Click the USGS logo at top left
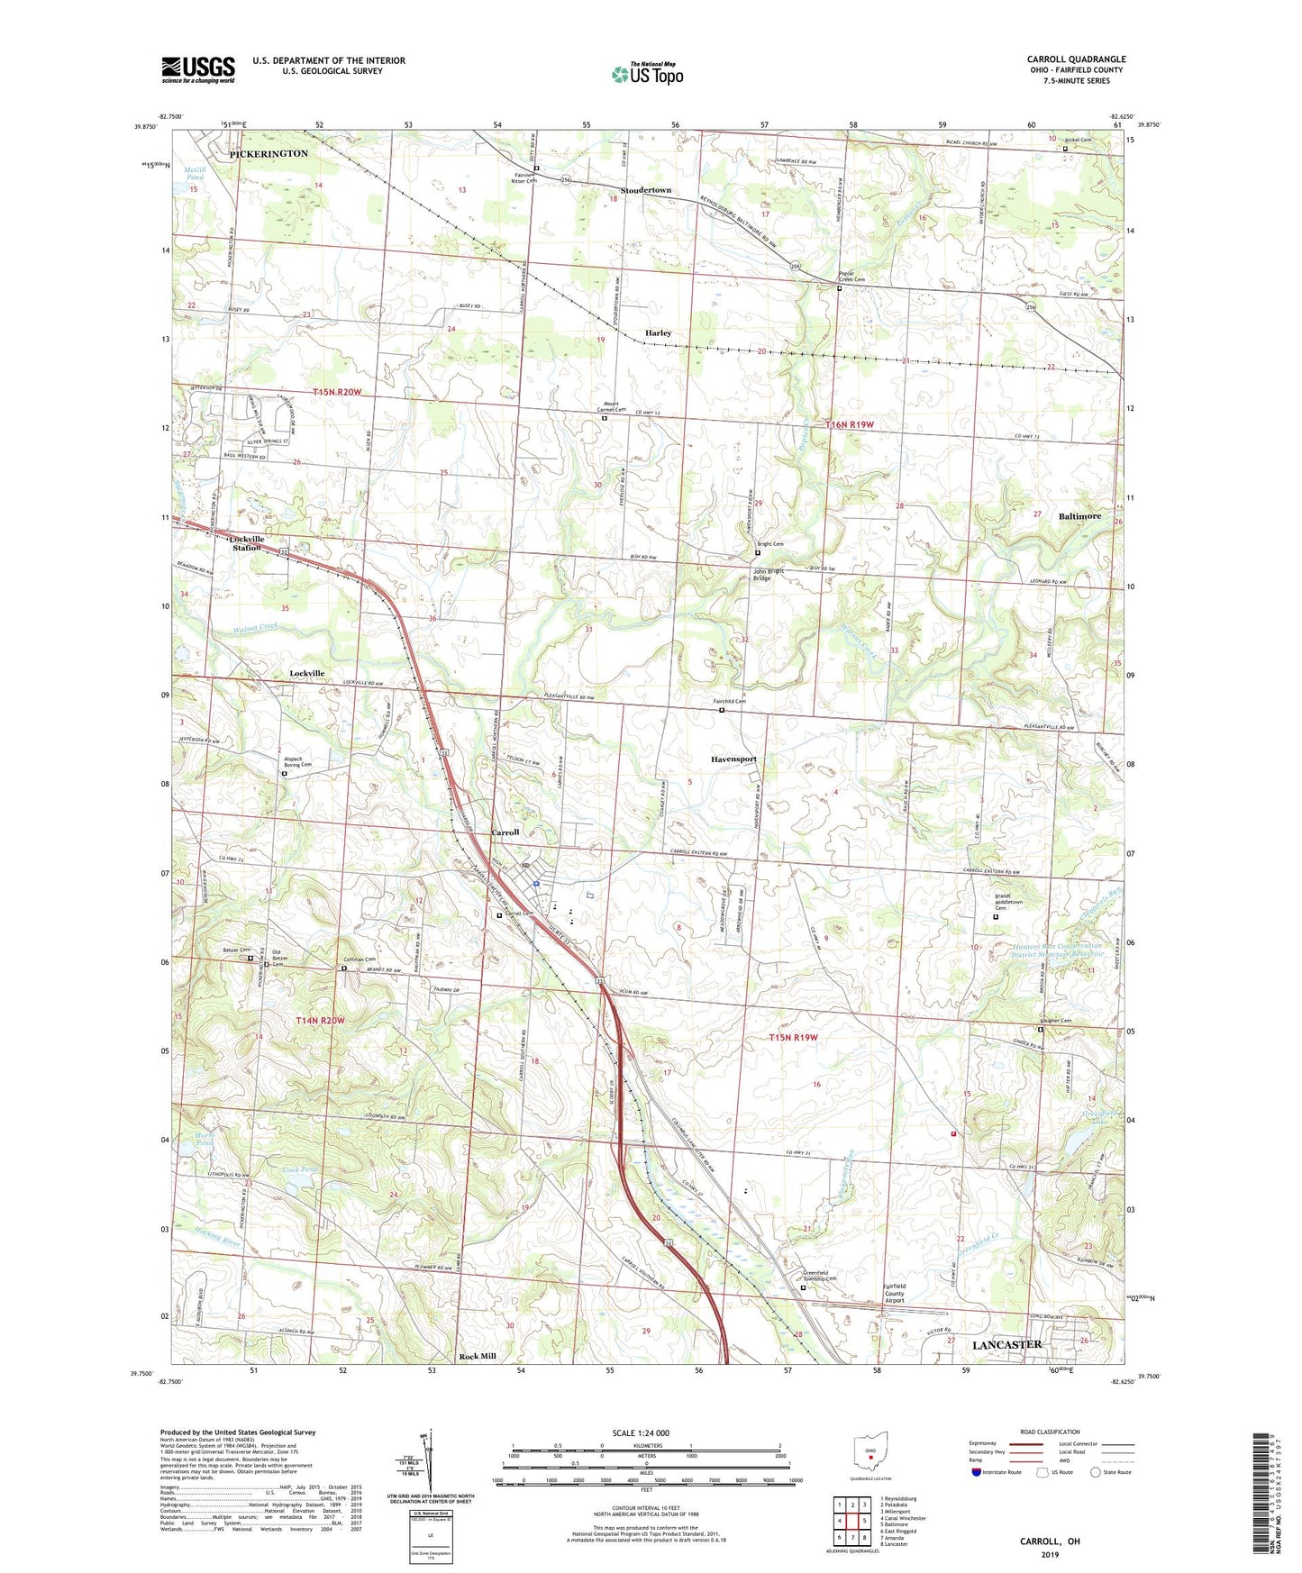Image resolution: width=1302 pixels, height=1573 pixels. pos(197,69)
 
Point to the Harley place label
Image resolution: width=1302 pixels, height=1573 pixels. pos(658,333)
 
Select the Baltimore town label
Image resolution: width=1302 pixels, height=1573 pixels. pos(1079,516)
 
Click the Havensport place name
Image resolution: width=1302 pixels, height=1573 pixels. pos(733,759)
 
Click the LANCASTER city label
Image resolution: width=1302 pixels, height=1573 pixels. pos(1006,1344)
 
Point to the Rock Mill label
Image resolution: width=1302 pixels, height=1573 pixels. pos(478,1356)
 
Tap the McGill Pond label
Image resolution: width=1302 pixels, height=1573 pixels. pos(195,173)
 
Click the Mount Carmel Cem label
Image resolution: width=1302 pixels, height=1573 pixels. pos(605,409)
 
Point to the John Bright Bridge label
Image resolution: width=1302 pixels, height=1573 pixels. pos(768,575)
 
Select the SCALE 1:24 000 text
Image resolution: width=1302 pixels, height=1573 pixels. pos(641,1432)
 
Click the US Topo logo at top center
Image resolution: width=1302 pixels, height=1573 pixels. pos(646,73)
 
